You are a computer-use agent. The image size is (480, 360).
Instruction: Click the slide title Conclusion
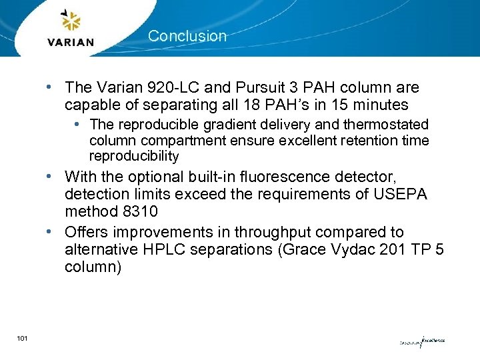[187, 36]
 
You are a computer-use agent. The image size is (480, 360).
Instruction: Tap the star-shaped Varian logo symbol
[70, 21]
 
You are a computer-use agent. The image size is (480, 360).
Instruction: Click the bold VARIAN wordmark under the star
[71, 42]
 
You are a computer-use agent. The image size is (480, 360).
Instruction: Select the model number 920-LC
[165, 88]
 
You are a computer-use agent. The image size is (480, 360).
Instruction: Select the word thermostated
[385, 125]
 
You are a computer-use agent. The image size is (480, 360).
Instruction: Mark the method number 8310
[136, 211]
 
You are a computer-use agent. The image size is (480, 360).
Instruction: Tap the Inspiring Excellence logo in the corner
[421, 342]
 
